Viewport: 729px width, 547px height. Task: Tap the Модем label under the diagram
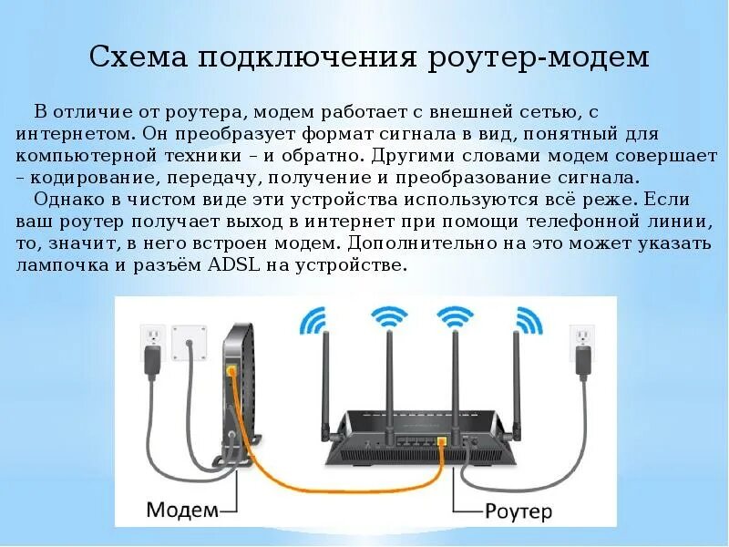(181, 507)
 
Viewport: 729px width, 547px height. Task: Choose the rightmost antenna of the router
(516, 374)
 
